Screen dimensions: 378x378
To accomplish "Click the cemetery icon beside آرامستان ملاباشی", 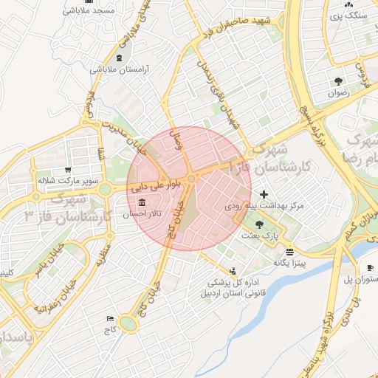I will pos(120,58).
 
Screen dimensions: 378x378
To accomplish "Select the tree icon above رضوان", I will pos(338,81).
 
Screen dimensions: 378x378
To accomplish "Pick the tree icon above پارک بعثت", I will pos(258,224).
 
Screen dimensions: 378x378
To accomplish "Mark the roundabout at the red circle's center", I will pos(191,179).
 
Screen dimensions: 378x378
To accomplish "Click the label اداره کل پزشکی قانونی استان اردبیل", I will pos(226,286).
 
